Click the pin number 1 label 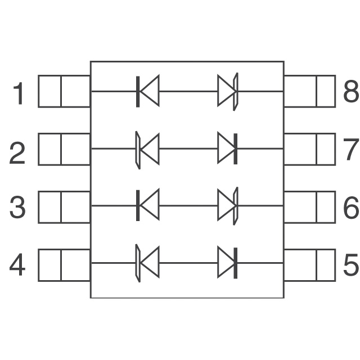[x=19, y=93]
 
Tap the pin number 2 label [x=17, y=152]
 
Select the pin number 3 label [x=17, y=208]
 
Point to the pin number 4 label [x=17, y=265]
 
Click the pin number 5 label [x=350, y=265]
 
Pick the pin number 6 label [x=350, y=208]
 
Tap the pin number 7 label [x=350, y=150]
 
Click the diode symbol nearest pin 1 [x=148, y=91]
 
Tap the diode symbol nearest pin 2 [x=147, y=150]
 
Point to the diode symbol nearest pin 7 [x=227, y=150]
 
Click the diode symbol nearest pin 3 [x=148, y=206]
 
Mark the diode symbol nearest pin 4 [x=147, y=263]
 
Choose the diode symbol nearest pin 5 [x=227, y=263]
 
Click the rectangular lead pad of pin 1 [x=64, y=91]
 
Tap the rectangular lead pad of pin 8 [x=309, y=91]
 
